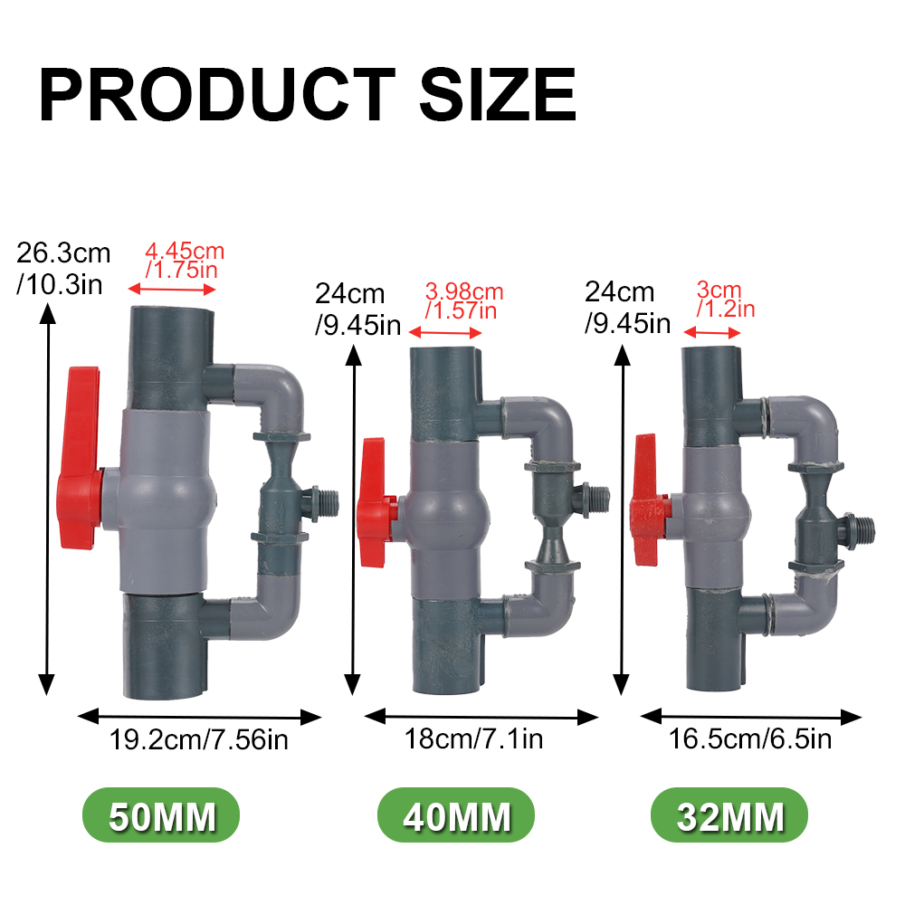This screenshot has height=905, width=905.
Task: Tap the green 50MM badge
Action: tap(162, 817)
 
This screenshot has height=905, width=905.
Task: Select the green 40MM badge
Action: tap(456, 817)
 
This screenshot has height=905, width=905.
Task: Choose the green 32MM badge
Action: tap(729, 817)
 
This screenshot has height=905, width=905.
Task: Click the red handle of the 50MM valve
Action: tap(80, 457)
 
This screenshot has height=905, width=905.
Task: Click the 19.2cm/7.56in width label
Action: tap(199, 740)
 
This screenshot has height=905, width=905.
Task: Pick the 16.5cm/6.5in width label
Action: tap(750, 739)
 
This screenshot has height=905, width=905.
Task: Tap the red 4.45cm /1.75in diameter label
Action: tap(184, 260)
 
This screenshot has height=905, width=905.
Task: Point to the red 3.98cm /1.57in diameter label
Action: tap(462, 301)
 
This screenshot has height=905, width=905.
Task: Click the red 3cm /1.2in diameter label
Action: tap(724, 300)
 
